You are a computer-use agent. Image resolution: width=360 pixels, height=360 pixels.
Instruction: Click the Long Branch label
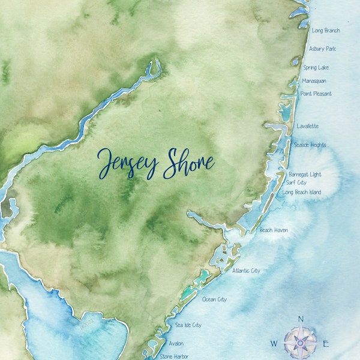(326, 31)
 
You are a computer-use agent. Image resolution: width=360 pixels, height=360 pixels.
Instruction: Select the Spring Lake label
(316, 68)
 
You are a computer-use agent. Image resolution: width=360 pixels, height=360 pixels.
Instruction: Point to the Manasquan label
(314, 81)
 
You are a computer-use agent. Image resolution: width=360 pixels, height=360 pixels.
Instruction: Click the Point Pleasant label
(316, 94)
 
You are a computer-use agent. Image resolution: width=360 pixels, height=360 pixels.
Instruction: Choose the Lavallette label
(308, 127)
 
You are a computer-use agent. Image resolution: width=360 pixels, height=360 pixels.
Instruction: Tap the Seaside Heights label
(310, 145)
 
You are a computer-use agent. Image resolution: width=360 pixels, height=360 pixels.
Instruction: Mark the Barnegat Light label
(305, 175)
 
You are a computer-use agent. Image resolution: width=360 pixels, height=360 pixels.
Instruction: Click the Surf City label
(296, 182)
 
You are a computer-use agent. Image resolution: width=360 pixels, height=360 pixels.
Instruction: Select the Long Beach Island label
(301, 193)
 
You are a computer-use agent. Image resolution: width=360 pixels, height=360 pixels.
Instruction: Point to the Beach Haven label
(274, 230)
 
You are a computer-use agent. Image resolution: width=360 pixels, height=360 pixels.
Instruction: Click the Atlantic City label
(246, 271)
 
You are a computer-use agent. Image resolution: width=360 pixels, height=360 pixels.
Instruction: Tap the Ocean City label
(215, 299)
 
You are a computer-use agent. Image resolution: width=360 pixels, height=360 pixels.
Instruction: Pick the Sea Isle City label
(188, 325)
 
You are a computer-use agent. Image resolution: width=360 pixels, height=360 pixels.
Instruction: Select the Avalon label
(176, 344)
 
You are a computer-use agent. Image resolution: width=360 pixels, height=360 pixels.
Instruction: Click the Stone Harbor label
(175, 356)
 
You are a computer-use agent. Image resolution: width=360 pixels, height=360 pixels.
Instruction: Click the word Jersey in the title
(127, 164)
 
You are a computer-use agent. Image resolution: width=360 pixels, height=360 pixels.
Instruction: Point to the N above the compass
(301, 319)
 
